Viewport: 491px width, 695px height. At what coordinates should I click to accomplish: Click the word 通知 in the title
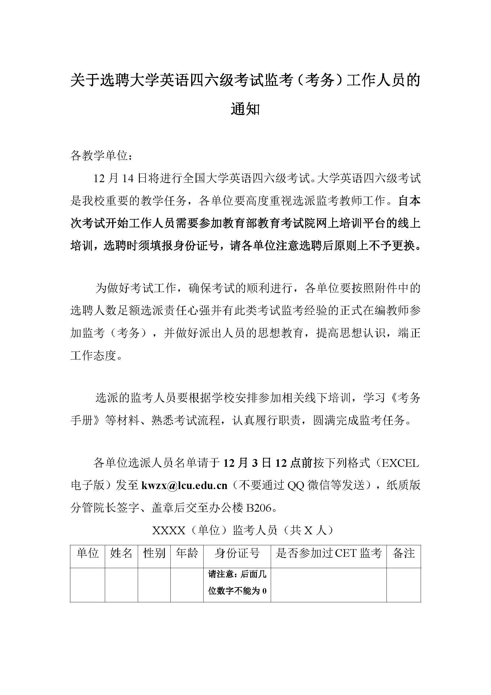point(245,109)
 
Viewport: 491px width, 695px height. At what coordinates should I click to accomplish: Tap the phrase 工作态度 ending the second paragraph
point(93,356)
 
